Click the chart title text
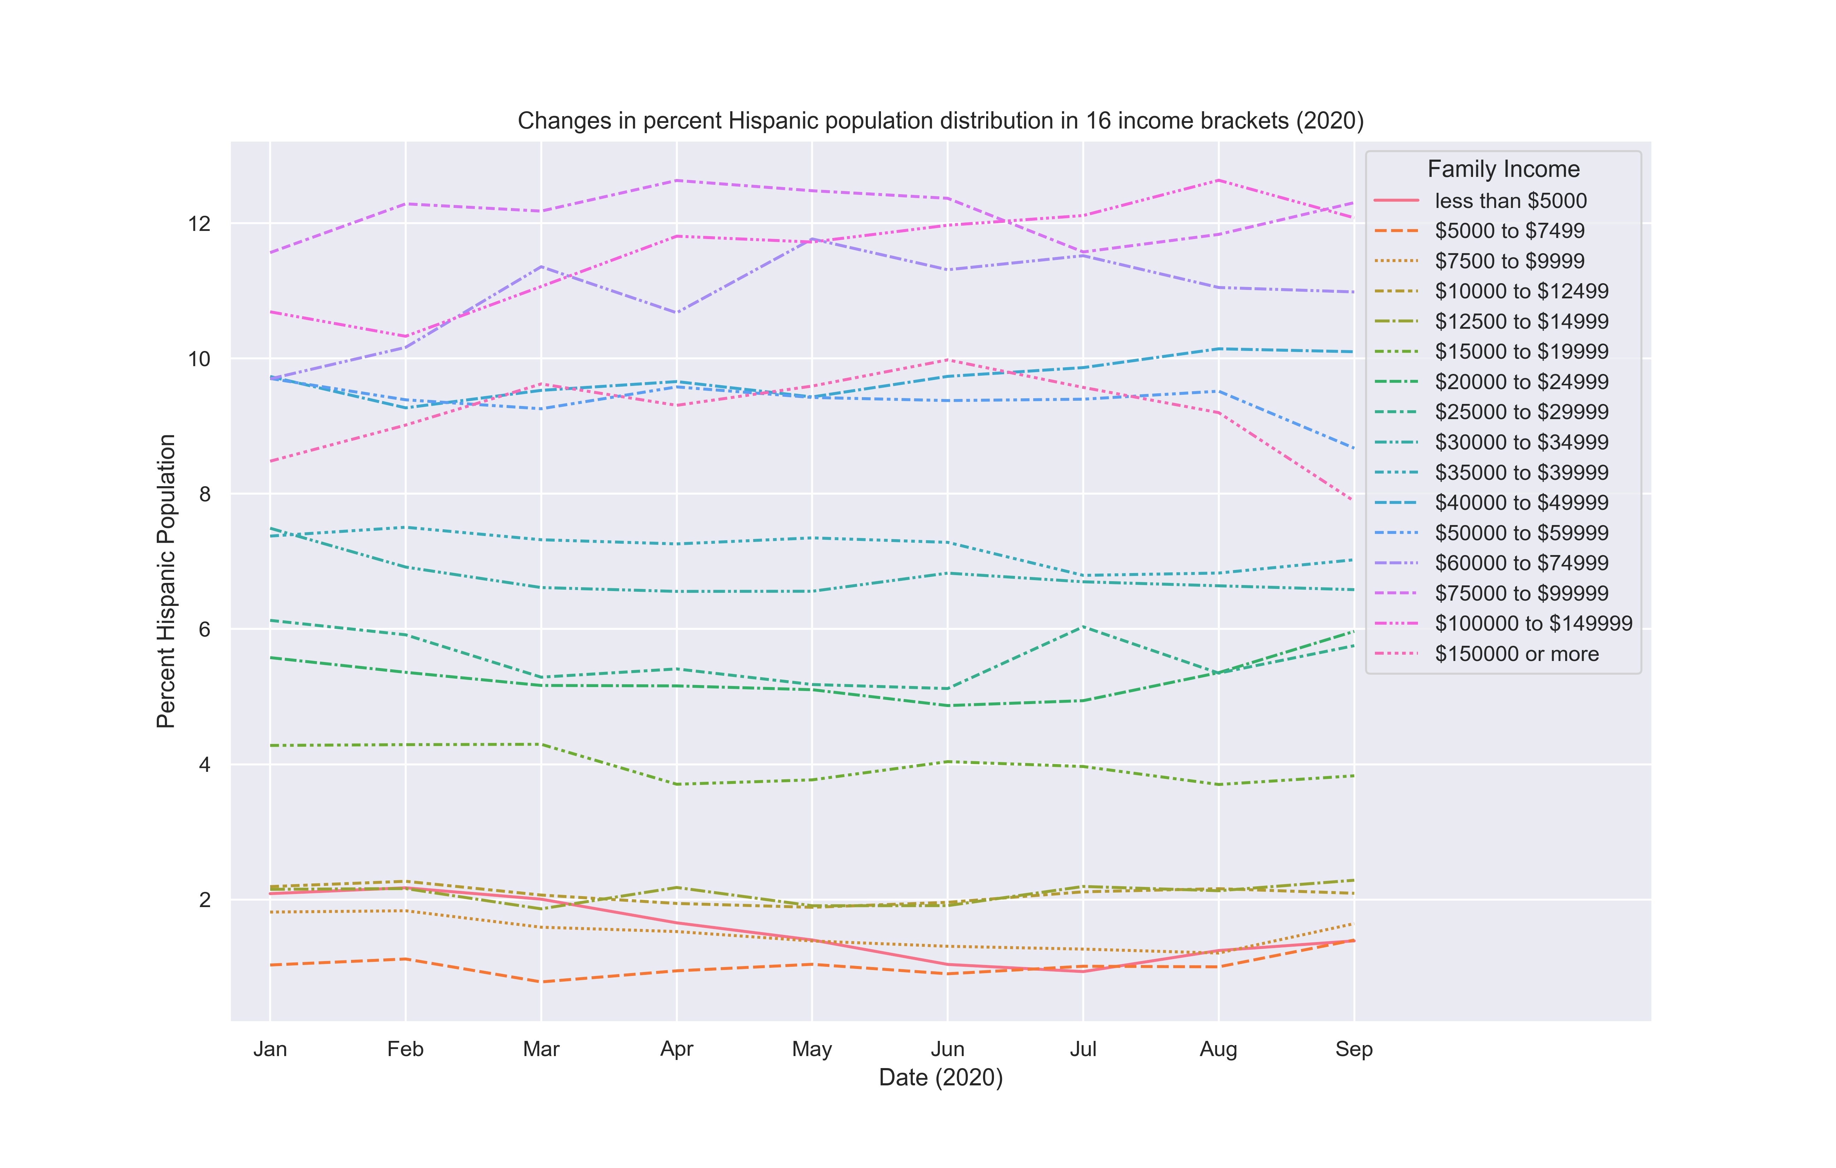940,121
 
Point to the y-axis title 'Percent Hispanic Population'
166,581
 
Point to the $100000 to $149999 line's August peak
1218,181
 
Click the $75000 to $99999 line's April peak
676,181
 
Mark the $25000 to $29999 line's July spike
1083,627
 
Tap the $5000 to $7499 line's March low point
541,982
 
